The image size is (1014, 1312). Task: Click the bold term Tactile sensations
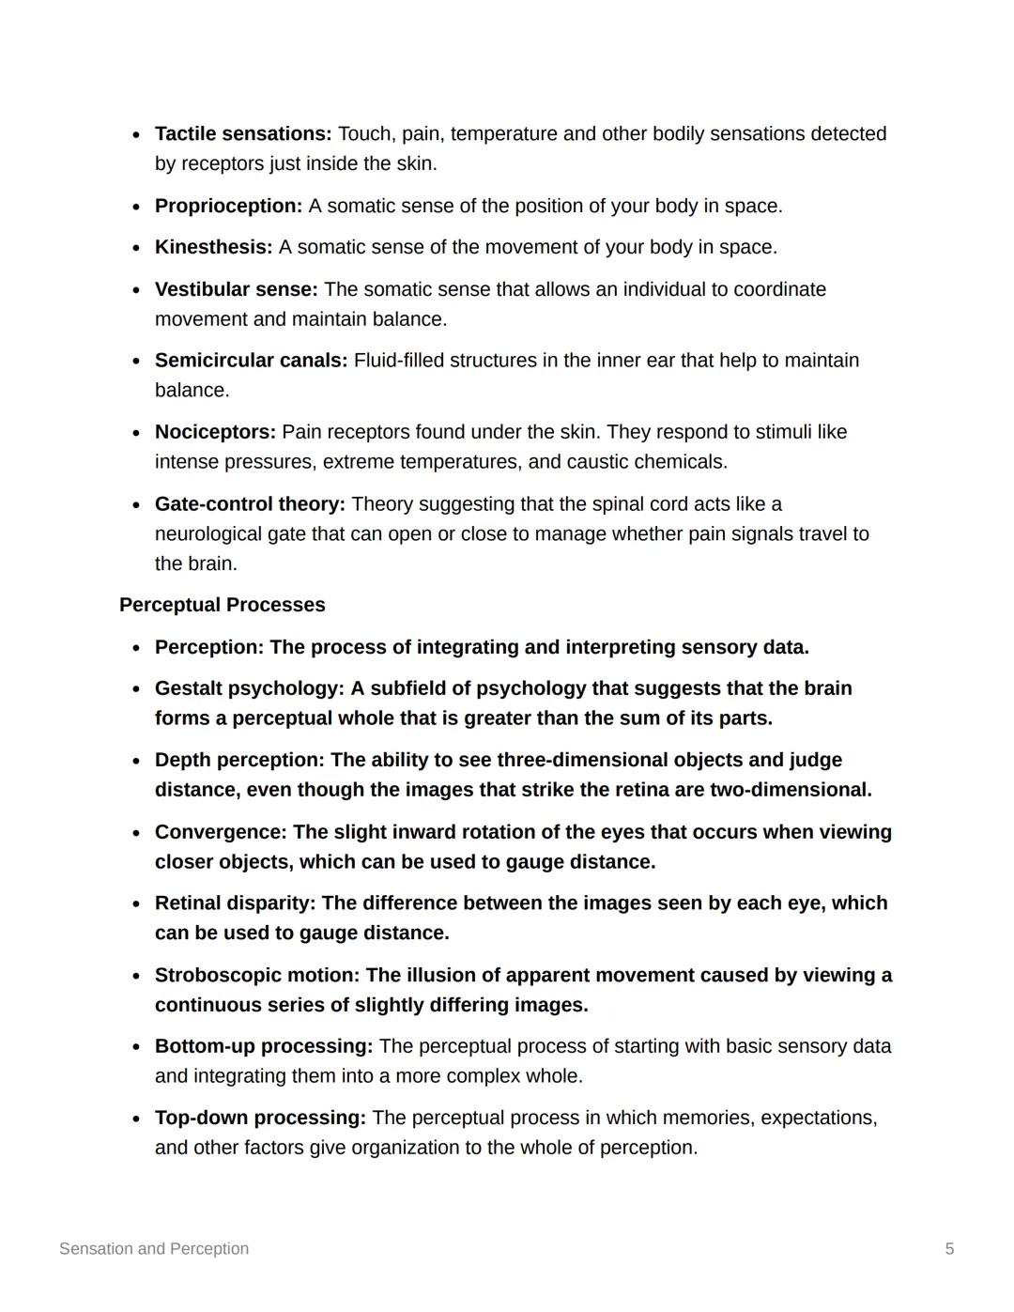pos(242,134)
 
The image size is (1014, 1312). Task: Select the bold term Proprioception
pos(228,206)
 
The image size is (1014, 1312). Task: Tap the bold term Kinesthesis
pos(213,247)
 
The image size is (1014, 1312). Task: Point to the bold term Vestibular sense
pos(236,289)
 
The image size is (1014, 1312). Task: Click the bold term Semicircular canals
pos(251,361)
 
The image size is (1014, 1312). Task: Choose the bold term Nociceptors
pos(215,432)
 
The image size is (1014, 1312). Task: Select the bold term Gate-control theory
pos(250,504)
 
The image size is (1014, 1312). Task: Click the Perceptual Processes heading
pos(223,605)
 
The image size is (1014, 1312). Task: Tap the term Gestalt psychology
pos(249,688)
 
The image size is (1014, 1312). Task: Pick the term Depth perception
pos(238,760)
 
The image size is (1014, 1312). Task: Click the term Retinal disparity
pos(235,903)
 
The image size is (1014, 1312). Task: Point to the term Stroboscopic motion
pos(256,975)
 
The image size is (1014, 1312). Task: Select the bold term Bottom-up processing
pos(263,1046)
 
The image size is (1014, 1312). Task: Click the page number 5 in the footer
pos(949,1249)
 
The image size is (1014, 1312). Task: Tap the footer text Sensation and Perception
pos(154,1249)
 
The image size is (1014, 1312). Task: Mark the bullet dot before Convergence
pos(137,833)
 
